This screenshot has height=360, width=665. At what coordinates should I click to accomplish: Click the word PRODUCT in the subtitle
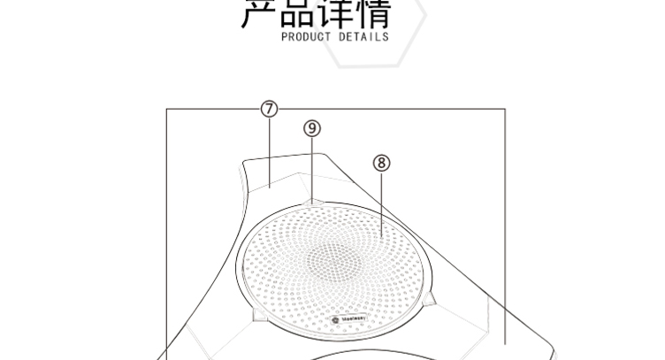[305, 38]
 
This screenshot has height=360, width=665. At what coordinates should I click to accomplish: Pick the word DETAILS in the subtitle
[363, 38]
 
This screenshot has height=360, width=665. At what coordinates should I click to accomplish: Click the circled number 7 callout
[270, 109]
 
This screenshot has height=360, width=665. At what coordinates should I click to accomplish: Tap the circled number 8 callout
[382, 163]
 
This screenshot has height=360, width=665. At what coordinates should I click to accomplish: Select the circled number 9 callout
[312, 128]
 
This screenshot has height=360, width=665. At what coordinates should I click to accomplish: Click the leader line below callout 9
[312, 168]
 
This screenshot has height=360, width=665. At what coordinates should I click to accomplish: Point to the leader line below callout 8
[382, 203]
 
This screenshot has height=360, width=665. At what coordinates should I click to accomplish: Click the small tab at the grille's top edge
[312, 203]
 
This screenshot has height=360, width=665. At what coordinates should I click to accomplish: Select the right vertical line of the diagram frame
[505, 221]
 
